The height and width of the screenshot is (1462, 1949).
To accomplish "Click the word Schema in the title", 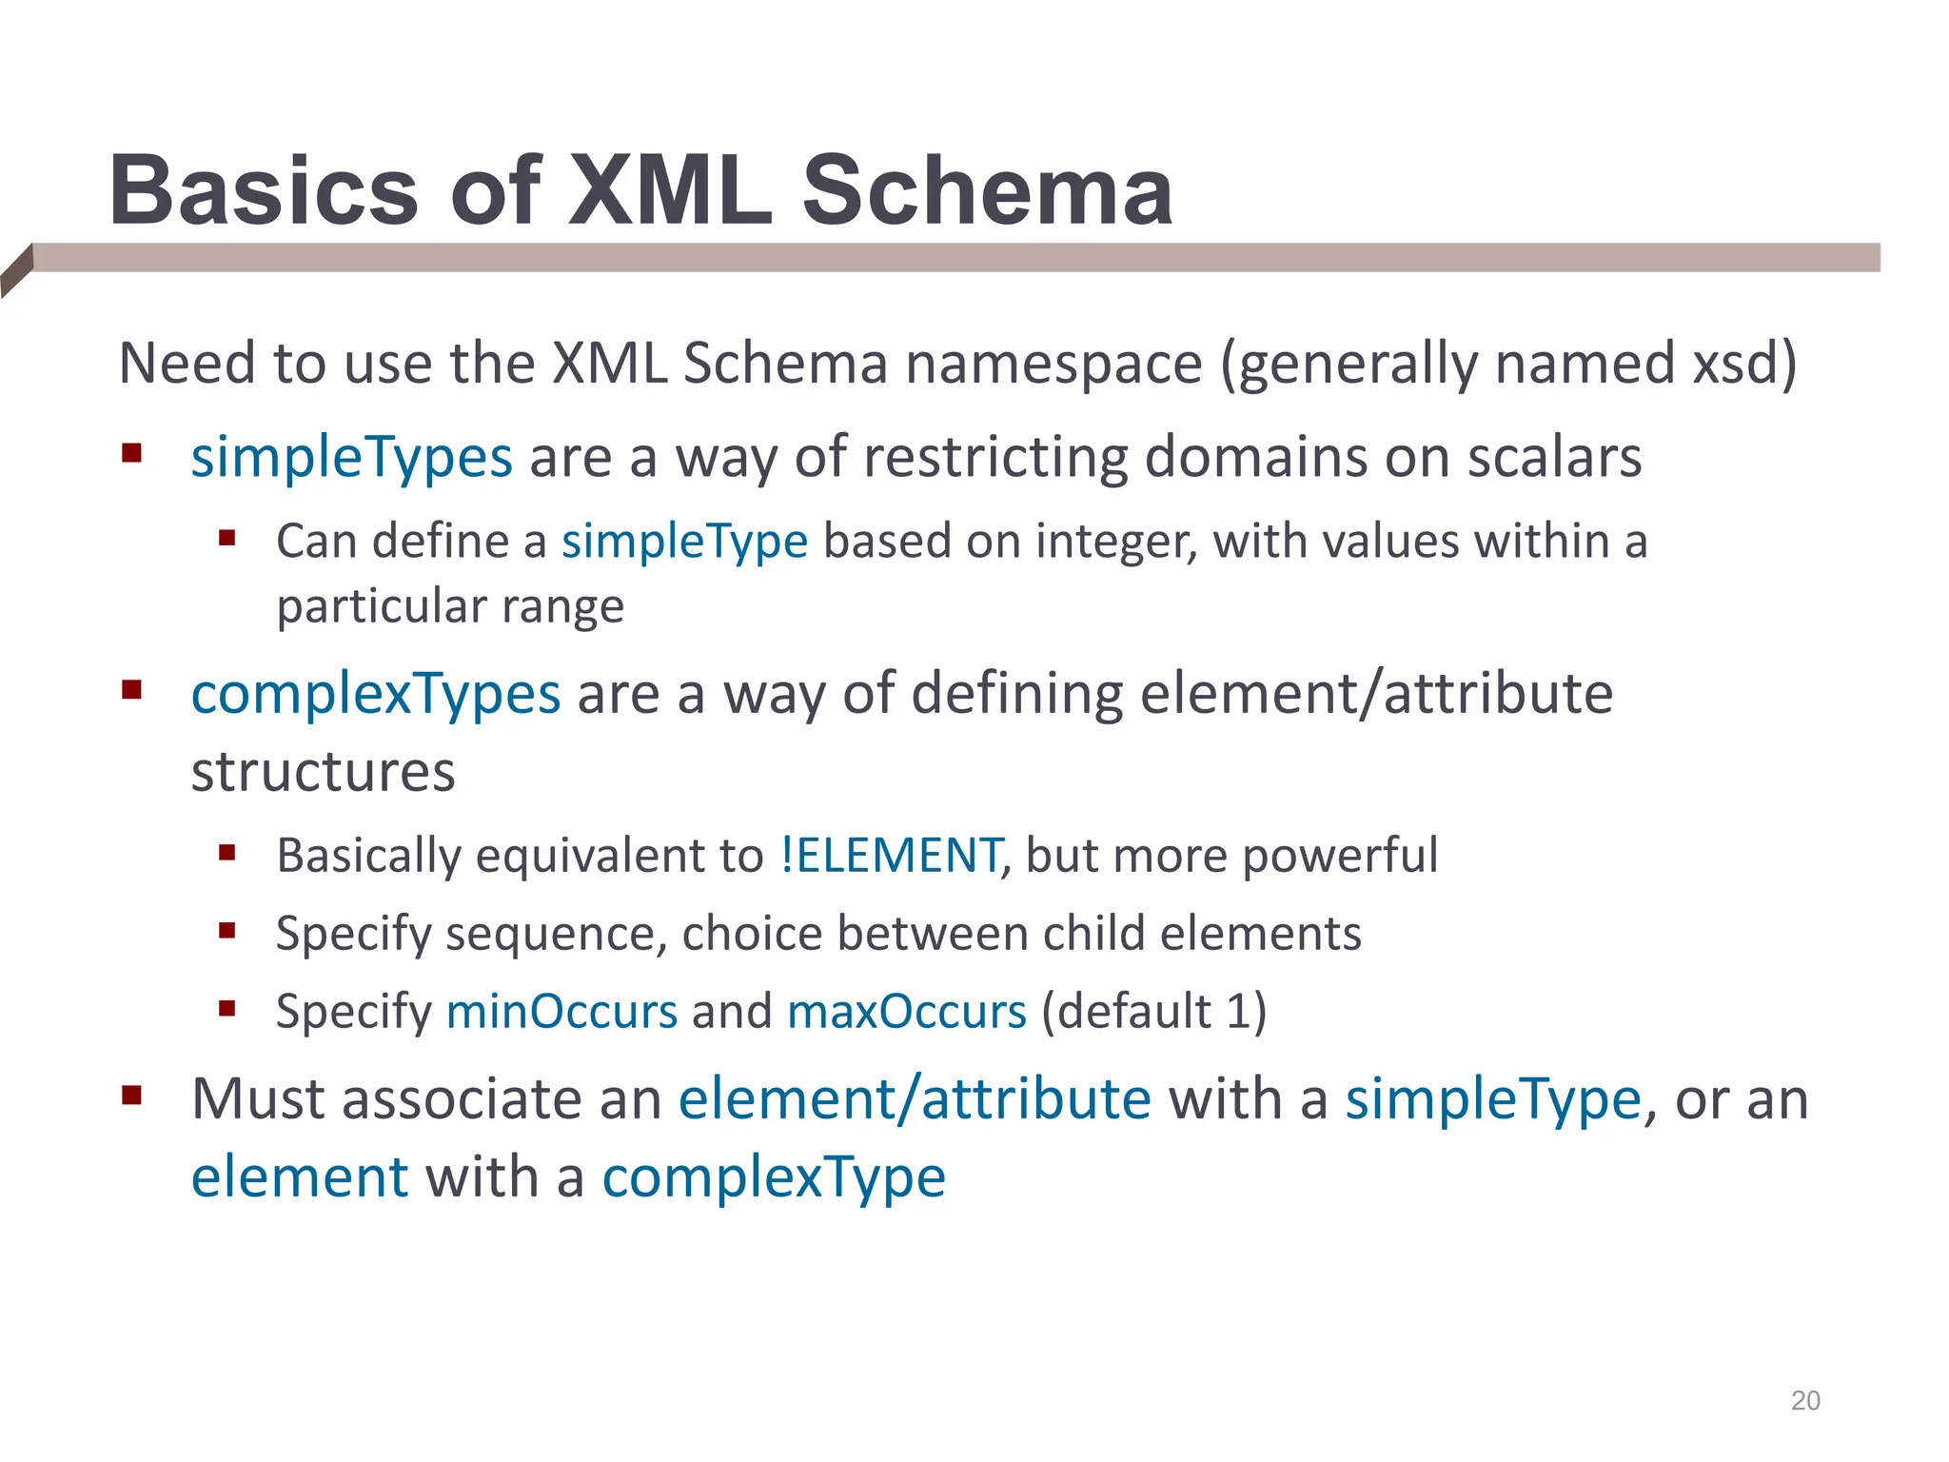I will pos(987,192).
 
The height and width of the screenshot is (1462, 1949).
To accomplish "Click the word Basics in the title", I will pos(264,192).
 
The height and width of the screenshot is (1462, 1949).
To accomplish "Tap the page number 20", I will pos(1804,1400).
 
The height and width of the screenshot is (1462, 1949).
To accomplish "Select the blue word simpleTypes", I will pos(351,458).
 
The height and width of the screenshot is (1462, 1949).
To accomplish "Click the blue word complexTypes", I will pos(376,694).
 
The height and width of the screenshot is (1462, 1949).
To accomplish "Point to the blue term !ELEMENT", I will pos(891,855).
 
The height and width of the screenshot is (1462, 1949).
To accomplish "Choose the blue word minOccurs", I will pos(561,1011).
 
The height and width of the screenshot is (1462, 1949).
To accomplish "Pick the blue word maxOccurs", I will pos(906,1011).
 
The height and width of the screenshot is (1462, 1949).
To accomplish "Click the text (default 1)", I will pos(1153,1011).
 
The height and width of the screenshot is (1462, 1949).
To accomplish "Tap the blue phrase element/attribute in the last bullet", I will pos(915,1100).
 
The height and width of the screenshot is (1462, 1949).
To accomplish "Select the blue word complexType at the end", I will pos(774,1178).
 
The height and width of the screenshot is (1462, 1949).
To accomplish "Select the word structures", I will pos(323,772).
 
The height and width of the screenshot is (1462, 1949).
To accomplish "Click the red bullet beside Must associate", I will pos(131,1096).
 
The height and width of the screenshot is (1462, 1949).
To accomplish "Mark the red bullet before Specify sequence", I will pos(226,930).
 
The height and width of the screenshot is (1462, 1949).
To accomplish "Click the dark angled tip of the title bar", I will pos(16,270).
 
